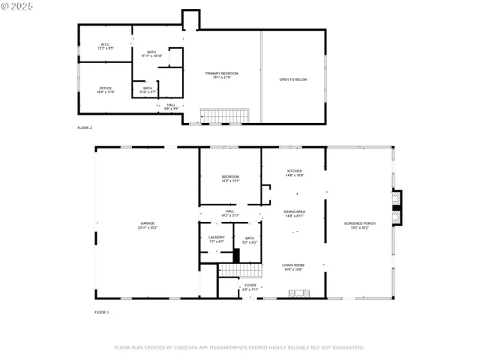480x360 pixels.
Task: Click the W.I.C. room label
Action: pyautogui.click(x=105, y=46)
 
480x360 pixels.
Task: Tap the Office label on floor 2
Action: pyautogui.click(x=105, y=90)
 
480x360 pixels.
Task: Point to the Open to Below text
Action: pyautogui.click(x=293, y=79)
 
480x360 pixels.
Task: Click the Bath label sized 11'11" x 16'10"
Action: pyautogui.click(x=151, y=54)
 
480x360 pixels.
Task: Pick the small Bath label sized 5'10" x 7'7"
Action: pyautogui.click(x=148, y=90)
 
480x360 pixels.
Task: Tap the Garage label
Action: pyautogui.click(x=147, y=224)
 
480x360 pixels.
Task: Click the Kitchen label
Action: pyautogui.click(x=295, y=173)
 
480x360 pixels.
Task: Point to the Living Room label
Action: pyautogui.click(x=292, y=267)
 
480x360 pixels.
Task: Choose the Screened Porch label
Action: pyautogui.click(x=360, y=225)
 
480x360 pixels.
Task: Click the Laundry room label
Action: pyautogui.click(x=217, y=239)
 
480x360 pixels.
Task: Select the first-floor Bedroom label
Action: pyautogui.click(x=229, y=178)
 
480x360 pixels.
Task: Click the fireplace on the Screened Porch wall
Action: pyautogui.click(x=397, y=207)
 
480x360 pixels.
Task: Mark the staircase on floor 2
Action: pyautogui.click(x=223, y=116)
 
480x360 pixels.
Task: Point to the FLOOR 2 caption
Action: pyautogui.click(x=85, y=128)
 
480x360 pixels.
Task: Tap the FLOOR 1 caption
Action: pyautogui.click(x=101, y=311)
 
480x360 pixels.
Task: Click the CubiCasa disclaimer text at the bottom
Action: pyautogui.click(x=239, y=347)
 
